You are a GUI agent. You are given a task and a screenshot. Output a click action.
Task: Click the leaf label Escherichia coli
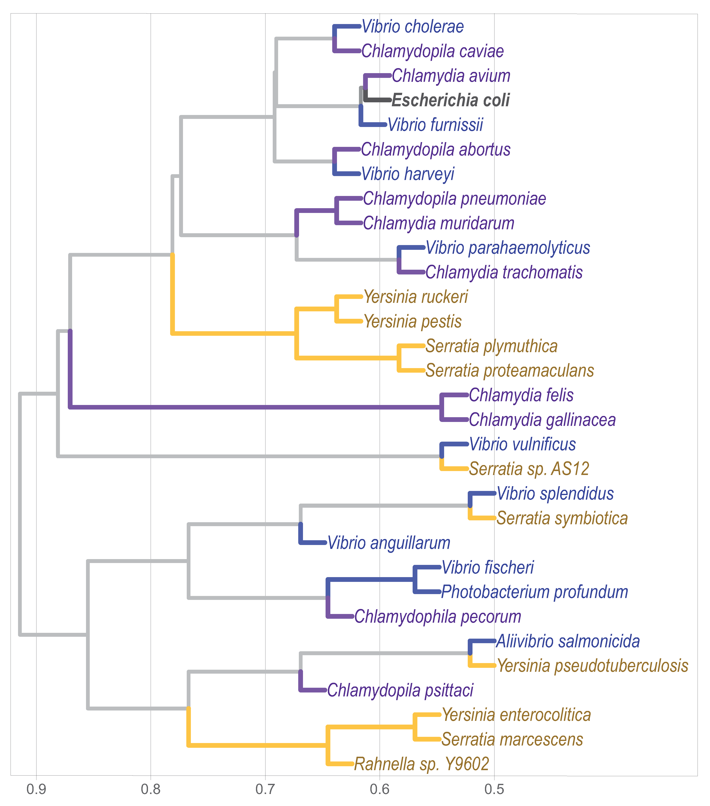click(x=451, y=100)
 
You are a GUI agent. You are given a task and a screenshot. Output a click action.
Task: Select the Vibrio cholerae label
click(x=413, y=27)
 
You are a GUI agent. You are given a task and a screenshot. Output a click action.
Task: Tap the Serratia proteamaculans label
click(x=510, y=371)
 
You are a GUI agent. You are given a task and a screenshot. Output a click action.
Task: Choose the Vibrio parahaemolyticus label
click(x=508, y=248)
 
